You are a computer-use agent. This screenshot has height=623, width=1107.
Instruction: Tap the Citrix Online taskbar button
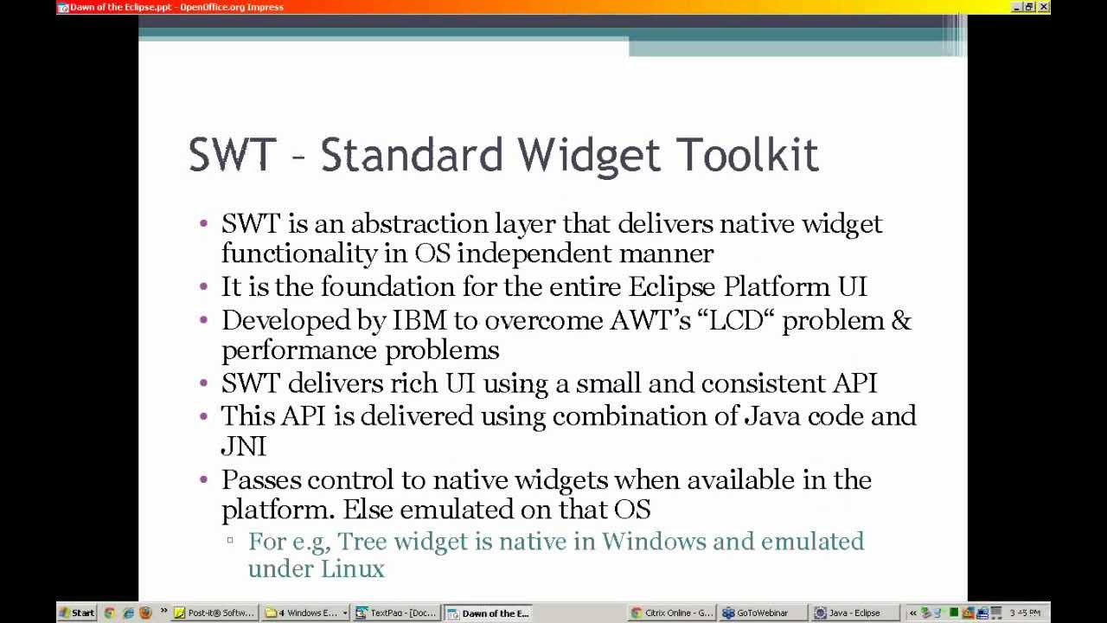click(672, 613)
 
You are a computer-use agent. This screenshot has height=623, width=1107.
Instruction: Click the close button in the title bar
click(1044, 7)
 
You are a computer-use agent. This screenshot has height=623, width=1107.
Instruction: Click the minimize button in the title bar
click(1016, 7)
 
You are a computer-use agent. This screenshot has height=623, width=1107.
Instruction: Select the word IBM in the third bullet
click(419, 320)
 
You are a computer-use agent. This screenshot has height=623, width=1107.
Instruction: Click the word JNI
click(243, 446)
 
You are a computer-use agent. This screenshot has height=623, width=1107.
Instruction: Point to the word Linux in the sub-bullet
click(352, 568)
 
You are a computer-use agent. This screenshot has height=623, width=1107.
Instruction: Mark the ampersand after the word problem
click(901, 320)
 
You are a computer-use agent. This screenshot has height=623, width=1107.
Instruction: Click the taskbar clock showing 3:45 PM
click(1024, 613)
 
